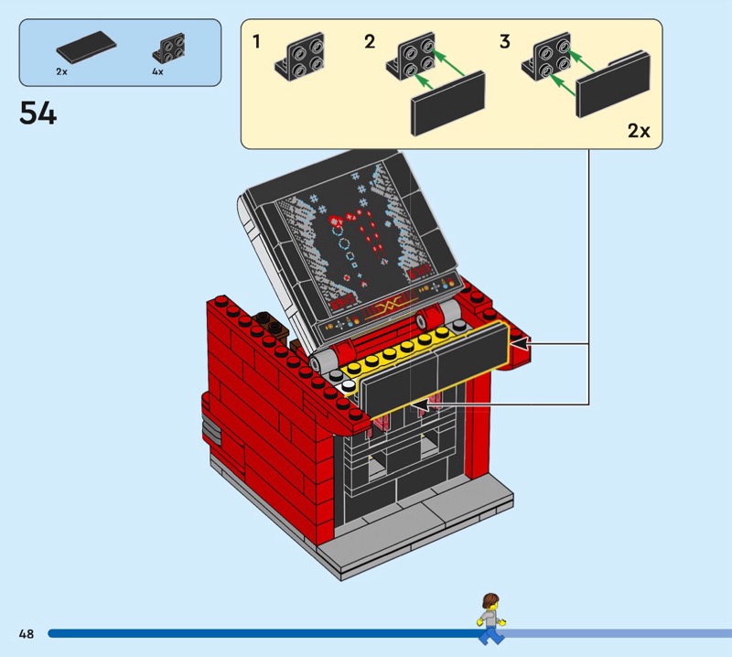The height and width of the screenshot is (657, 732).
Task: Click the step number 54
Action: (x=38, y=114)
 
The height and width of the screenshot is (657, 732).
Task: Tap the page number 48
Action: (x=27, y=633)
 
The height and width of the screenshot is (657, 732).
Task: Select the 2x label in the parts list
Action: (x=61, y=71)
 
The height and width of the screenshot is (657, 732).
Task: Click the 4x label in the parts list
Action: (x=157, y=71)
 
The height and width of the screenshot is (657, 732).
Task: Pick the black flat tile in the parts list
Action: (x=86, y=47)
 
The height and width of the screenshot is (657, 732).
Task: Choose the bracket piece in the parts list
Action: (x=168, y=48)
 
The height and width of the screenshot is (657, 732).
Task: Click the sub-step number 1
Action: (x=256, y=41)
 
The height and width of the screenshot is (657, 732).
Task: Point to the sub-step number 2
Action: (x=370, y=41)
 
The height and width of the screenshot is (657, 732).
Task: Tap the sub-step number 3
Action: (x=505, y=41)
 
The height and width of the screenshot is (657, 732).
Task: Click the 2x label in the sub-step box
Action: (x=639, y=131)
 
